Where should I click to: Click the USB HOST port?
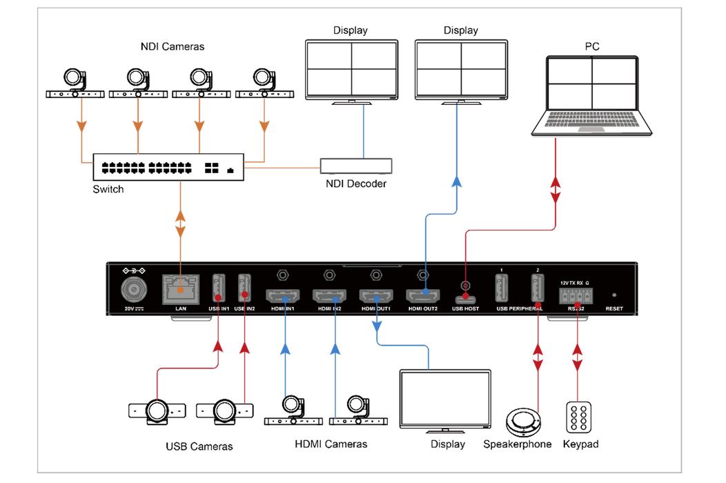point(466,299)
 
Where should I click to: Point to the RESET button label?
point(614,308)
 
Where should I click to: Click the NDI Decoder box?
point(356,166)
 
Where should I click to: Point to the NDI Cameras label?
point(173,47)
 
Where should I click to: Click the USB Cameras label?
point(199,446)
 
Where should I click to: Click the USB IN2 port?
point(244,287)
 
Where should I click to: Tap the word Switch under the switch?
point(108,189)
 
